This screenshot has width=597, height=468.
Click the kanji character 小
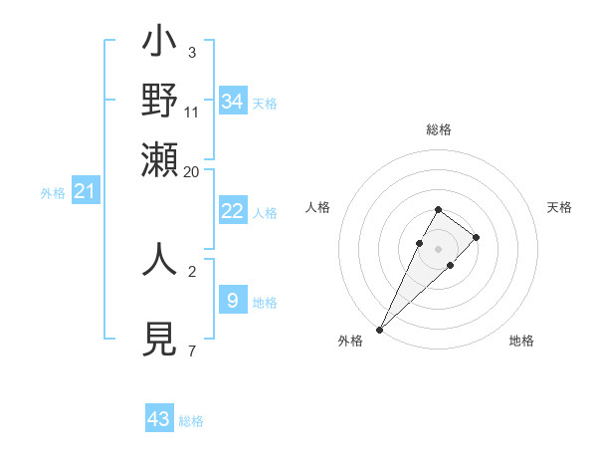[x=160, y=46]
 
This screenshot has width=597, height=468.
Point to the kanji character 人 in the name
[x=160, y=259]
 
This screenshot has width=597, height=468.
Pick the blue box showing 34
[x=233, y=102]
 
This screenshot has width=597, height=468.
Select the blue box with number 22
[x=232, y=211]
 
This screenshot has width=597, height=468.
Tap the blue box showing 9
[x=232, y=300]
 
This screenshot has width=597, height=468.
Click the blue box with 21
[x=85, y=191]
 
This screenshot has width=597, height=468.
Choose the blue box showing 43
[x=159, y=419]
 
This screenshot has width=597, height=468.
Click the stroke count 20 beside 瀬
[x=191, y=171]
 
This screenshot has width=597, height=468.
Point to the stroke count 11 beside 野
[x=191, y=113]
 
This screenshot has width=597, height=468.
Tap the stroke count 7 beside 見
[x=191, y=351]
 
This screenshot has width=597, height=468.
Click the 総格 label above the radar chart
[x=439, y=129]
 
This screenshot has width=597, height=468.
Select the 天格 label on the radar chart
[x=559, y=207]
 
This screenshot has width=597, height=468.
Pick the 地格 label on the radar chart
[x=521, y=341]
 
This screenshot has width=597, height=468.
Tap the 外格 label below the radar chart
[x=350, y=341]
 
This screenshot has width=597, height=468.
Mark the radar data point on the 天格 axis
[x=477, y=237]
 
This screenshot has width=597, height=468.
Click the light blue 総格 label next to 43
[x=191, y=421]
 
